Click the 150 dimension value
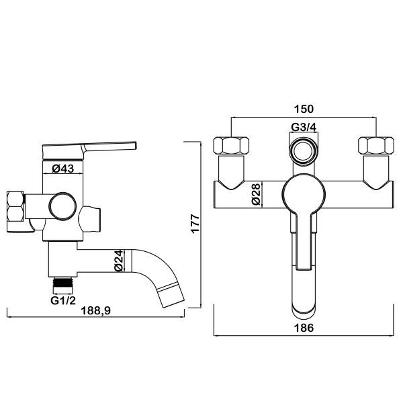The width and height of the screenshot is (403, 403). pyautogui.click(x=304, y=109)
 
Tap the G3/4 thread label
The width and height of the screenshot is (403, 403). pyautogui.click(x=304, y=127)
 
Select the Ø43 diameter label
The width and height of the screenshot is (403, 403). pyautogui.click(x=62, y=169)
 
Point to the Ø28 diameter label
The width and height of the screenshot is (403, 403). pyautogui.click(x=257, y=194)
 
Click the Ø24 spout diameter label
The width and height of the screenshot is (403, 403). pyautogui.click(x=119, y=261)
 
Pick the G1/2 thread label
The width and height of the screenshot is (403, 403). pyautogui.click(x=63, y=300)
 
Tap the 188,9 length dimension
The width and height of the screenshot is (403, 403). pyautogui.click(x=95, y=311)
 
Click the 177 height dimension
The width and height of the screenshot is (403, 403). pyautogui.click(x=195, y=224)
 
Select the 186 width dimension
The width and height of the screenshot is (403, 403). pyautogui.click(x=304, y=328)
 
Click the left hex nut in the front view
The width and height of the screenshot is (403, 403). pyautogui.click(x=231, y=146)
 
